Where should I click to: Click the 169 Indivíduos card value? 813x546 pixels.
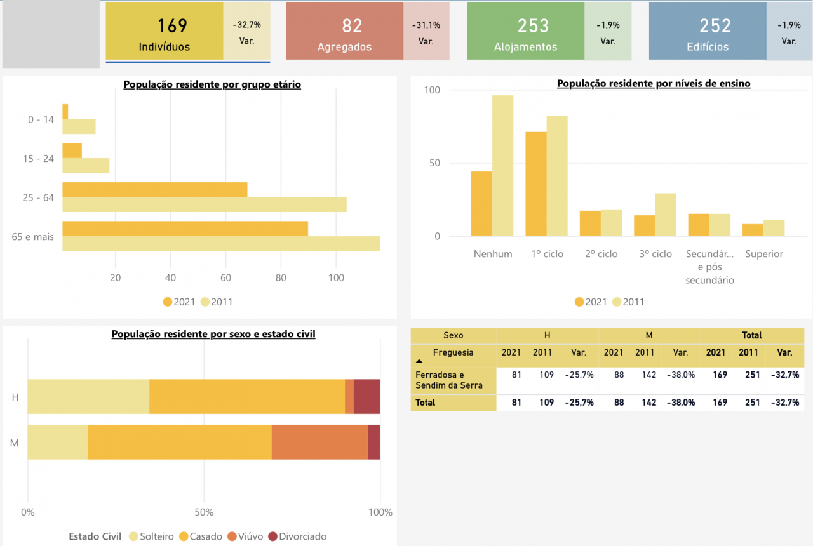point(172,26)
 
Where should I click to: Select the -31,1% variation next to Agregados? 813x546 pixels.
point(426,25)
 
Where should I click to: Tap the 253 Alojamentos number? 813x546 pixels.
point(533,26)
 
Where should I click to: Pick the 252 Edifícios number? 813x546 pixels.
point(715,26)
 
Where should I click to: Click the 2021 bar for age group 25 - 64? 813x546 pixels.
point(154,189)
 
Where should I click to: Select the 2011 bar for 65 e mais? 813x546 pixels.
point(220,244)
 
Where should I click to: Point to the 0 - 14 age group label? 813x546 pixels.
point(41,119)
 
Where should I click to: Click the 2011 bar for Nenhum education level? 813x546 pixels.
point(503,166)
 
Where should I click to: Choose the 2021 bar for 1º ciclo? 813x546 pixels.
point(535,184)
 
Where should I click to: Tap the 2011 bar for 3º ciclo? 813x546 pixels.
point(666,215)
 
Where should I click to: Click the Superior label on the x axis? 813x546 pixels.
point(764,254)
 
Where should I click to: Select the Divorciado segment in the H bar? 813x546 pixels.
point(366,396)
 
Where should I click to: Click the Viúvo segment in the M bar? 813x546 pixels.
point(319,442)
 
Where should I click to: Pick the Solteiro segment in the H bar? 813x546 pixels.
point(88,396)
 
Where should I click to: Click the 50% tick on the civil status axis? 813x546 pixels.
point(204,512)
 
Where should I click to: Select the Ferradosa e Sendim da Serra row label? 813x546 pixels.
point(448,380)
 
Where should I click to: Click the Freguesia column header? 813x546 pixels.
point(453,352)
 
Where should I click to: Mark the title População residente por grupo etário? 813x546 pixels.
point(212,84)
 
